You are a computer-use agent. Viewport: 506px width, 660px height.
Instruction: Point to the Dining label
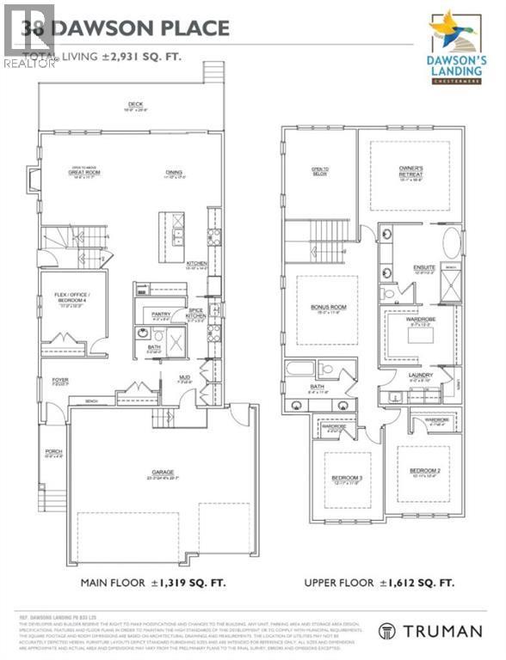click(x=174, y=173)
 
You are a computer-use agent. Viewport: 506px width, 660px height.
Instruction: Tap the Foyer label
click(x=59, y=380)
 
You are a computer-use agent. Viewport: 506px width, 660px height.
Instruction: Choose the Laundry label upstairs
click(x=420, y=376)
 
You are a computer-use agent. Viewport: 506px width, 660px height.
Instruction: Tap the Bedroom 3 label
click(x=348, y=479)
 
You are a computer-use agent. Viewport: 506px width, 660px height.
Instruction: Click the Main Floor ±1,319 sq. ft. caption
click(x=153, y=583)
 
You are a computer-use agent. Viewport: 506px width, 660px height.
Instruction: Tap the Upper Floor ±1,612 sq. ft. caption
click(x=379, y=583)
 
